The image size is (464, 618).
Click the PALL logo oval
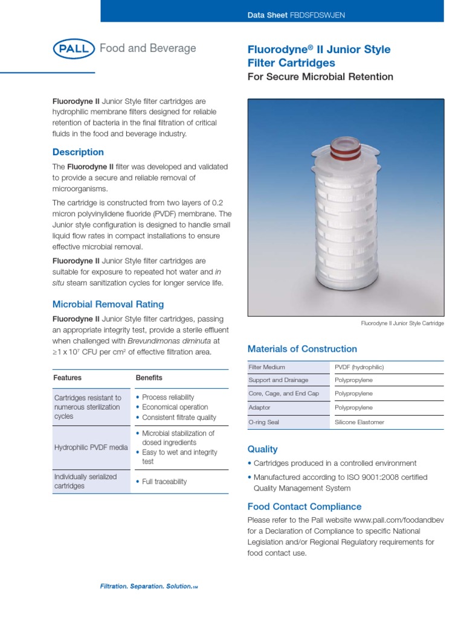coord(74,49)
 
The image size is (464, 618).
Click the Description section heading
coord(78,152)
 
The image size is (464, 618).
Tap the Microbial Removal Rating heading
coord(108,304)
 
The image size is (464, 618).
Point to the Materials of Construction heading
coord(302,349)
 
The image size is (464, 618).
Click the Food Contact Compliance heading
coord(304,506)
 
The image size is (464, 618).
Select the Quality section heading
coord(263,449)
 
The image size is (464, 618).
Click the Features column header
coord(68,378)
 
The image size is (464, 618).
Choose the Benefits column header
coord(149,378)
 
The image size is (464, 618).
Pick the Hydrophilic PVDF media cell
coord(91,447)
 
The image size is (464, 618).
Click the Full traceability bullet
coord(164,482)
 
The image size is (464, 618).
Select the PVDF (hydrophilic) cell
coord(359,367)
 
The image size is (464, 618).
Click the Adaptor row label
coord(259,408)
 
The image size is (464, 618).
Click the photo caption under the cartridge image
coord(402,323)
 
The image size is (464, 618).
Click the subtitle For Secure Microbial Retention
coord(320,77)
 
